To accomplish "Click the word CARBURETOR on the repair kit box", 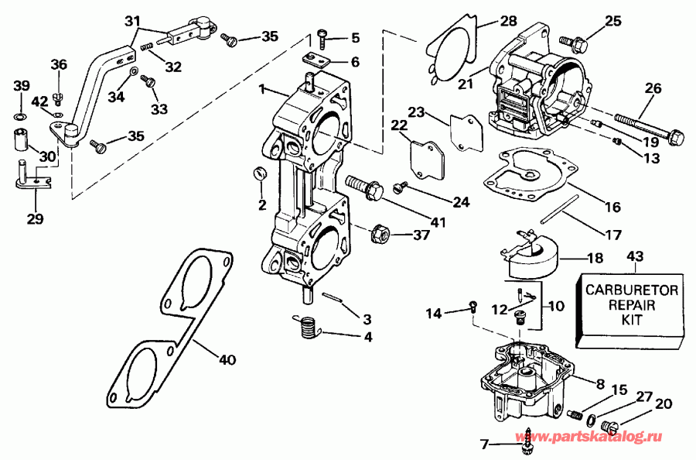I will pos(631,290).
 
